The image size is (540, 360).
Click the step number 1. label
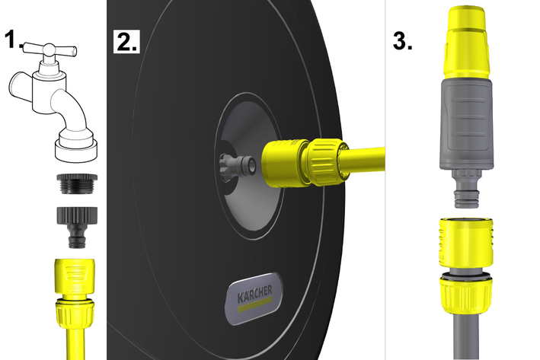[13, 39]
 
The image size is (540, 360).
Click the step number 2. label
[126, 41]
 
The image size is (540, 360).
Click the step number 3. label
[403, 41]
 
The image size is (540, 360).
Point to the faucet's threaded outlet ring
[76, 149]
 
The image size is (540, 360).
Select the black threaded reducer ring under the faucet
[77, 183]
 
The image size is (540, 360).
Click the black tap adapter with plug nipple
[77, 227]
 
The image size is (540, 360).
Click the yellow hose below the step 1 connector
[75, 345]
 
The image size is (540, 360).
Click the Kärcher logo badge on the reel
[255, 299]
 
